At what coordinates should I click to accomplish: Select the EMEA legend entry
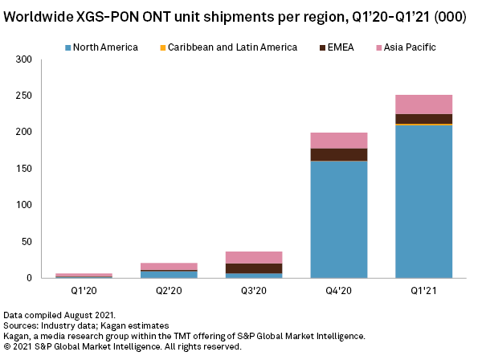(329, 47)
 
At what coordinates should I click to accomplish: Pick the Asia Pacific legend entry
(404, 47)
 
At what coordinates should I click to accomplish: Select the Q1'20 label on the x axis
(84, 291)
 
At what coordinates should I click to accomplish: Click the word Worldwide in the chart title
(39, 16)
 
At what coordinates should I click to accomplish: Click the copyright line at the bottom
(122, 346)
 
